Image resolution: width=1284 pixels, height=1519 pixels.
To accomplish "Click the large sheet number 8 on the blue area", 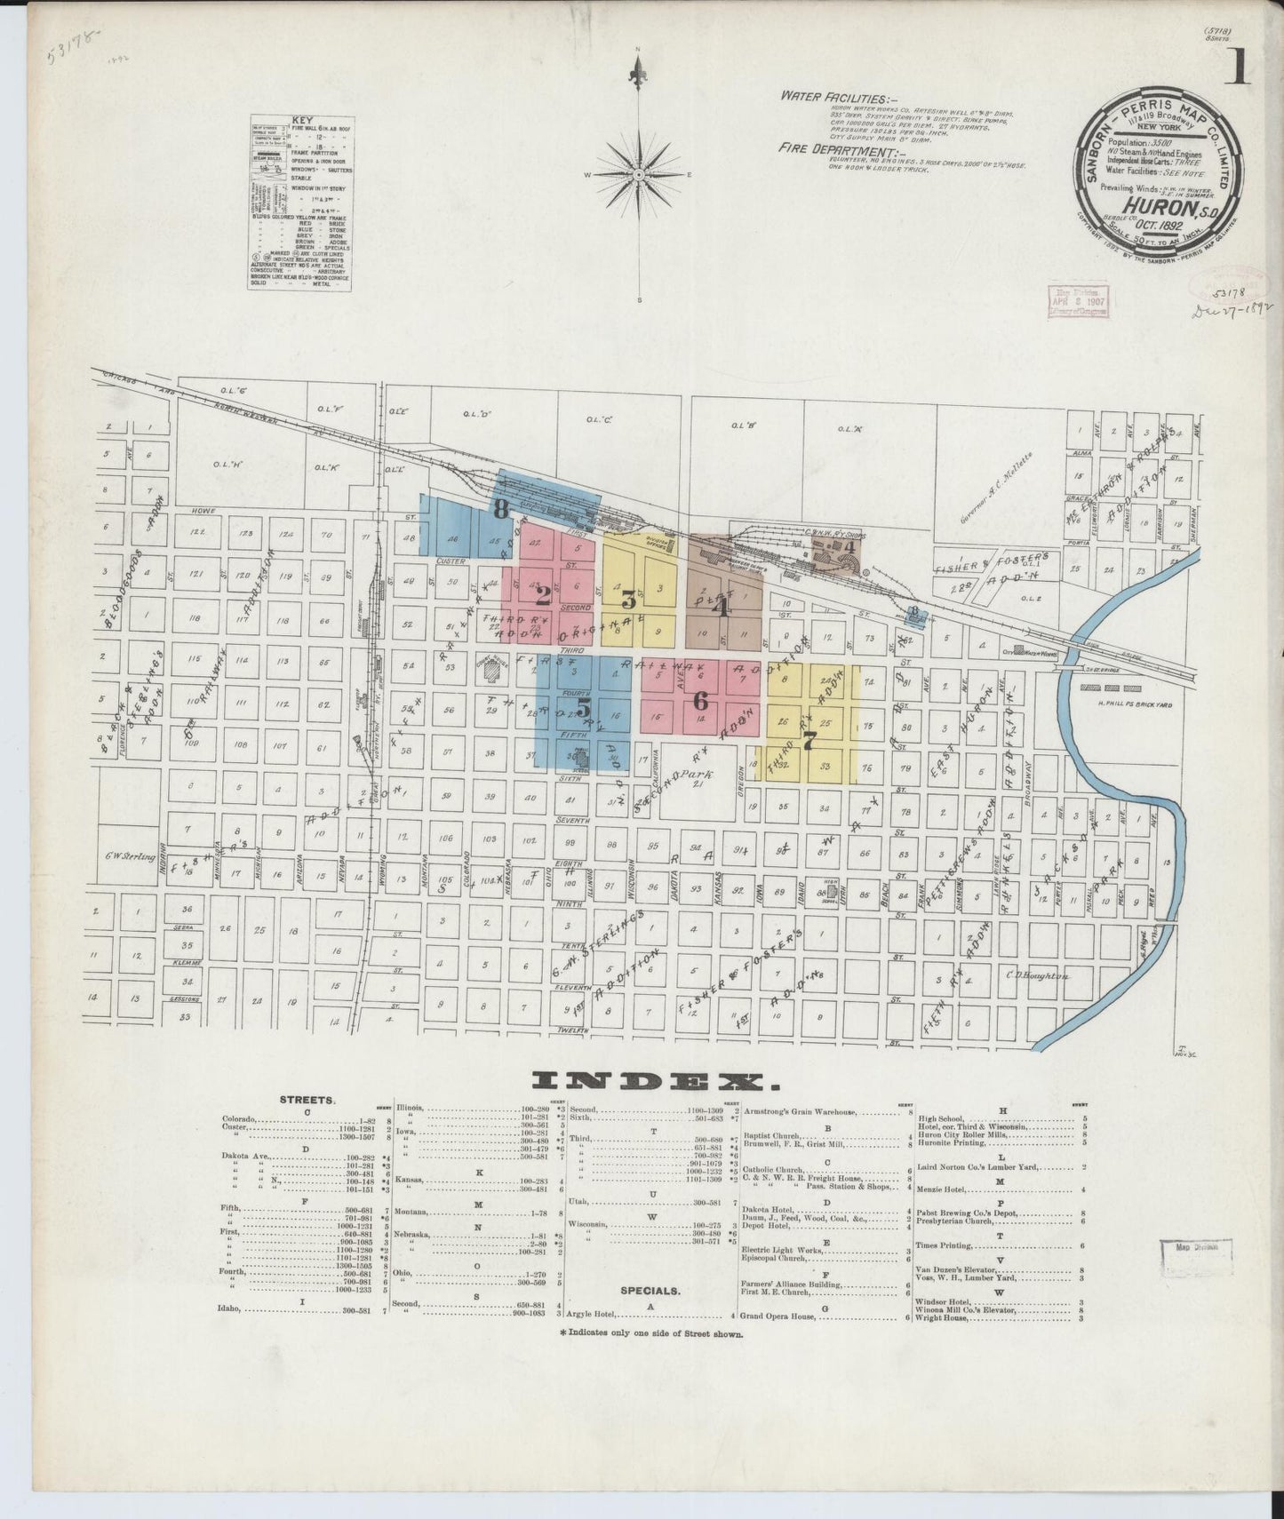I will click(x=501, y=509).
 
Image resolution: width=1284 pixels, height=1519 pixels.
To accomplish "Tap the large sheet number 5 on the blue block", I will click(x=583, y=708).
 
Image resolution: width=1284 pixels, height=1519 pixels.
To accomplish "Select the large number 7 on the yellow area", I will click(x=809, y=743).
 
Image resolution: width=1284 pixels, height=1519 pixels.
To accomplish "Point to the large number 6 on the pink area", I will click(x=700, y=699).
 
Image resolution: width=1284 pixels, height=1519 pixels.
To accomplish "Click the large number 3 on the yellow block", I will click(x=629, y=600).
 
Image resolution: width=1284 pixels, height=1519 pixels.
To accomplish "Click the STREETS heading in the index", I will click(x=307, y=1099).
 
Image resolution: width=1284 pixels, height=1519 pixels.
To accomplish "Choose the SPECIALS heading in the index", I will click(x=650, y=1289).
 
